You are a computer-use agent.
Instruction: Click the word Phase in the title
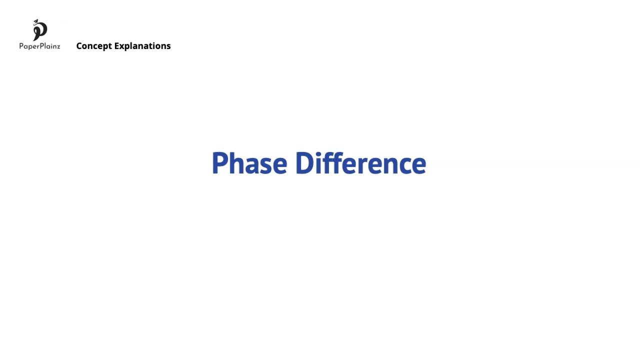point(249,163)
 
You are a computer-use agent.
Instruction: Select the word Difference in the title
point(360,163)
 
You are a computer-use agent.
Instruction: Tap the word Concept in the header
point(94,46)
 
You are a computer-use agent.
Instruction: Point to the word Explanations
point(142,46)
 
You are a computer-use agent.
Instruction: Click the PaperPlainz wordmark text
point(39,46)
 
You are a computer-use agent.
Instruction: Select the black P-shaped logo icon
point(40,31)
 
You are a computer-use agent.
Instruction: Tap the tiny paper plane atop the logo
point(35,21)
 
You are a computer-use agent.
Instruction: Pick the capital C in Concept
point(79,46)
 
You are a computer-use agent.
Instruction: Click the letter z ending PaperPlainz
point(58,46)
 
